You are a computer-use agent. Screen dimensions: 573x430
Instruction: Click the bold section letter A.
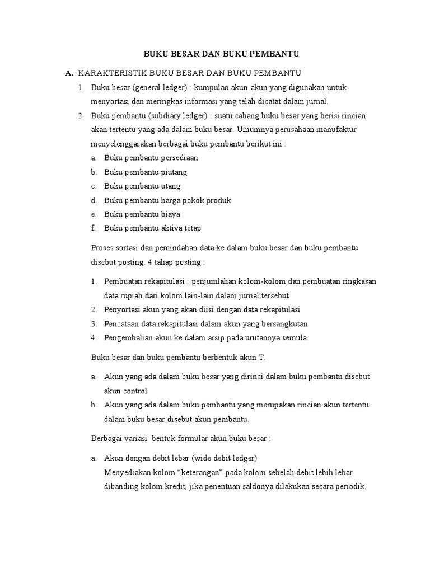(x=69, y=73)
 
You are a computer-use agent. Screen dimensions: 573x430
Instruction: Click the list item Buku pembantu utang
(x=142, y=186)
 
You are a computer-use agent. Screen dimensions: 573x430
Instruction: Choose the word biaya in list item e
(x=170, y=214)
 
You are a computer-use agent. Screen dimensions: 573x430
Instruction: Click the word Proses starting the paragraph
(x=103, y=247)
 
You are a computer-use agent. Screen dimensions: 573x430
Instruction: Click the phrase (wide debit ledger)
(x=224, y=458)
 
